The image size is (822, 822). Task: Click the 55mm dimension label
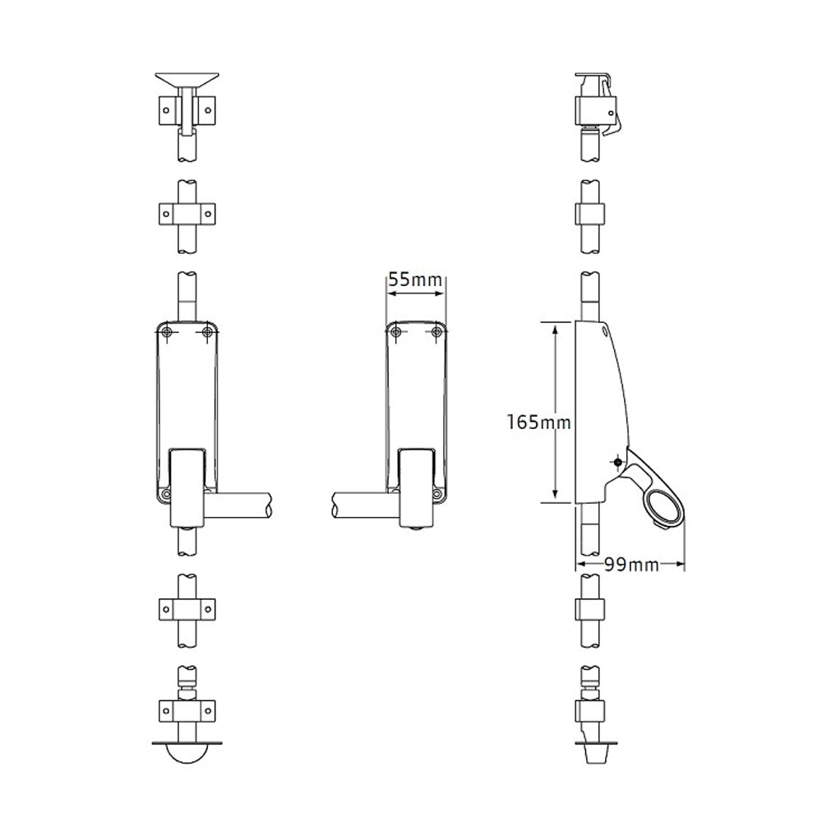click(416, 279)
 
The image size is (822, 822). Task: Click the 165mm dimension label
click(539, 423)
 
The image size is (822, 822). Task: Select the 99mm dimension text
click(630, 565)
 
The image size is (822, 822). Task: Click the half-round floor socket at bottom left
click(187, 755)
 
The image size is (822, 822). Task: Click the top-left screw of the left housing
click(167, 331)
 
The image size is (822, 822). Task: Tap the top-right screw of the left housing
click(207, 331)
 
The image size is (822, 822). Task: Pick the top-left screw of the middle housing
click(397, 331)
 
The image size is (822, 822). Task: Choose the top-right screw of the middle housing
click(437, 331)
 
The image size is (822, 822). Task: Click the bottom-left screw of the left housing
click(167, 494)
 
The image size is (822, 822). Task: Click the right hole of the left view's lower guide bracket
click(208, 609)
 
